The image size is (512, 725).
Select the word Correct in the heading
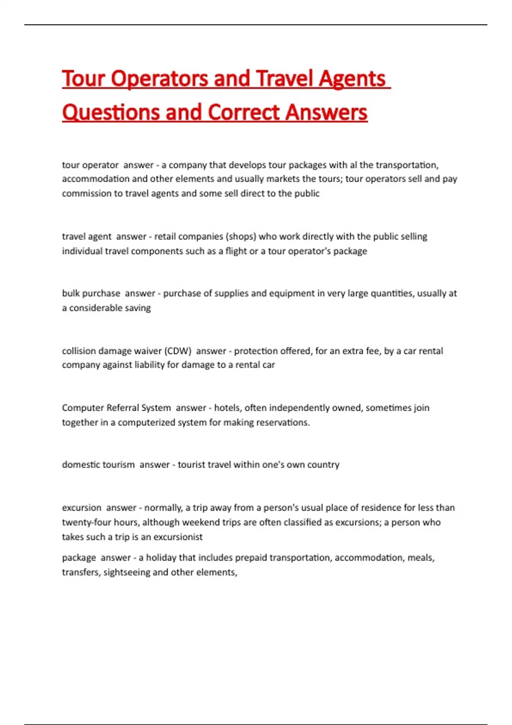(244, 113)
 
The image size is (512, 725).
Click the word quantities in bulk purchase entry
(391, 293)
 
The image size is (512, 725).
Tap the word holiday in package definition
(160, 558)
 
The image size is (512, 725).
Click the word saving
(137, 308)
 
